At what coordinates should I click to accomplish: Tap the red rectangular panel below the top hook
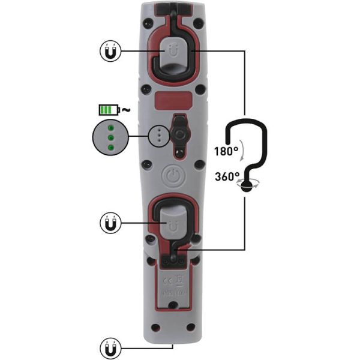(172, 100)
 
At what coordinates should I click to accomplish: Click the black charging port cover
(178, 129)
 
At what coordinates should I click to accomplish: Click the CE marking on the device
(169, 278)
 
